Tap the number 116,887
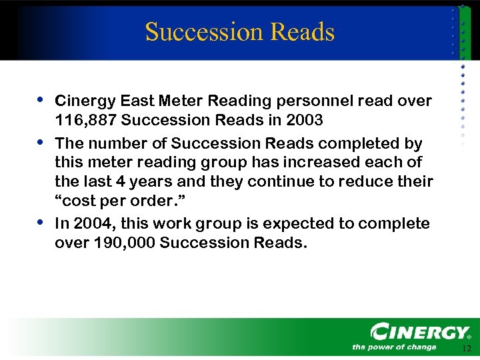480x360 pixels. click(85, 121)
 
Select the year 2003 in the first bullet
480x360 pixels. click(305, 121)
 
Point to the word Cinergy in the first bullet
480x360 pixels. click(85, 101)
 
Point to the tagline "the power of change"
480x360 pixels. click(393, 347)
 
